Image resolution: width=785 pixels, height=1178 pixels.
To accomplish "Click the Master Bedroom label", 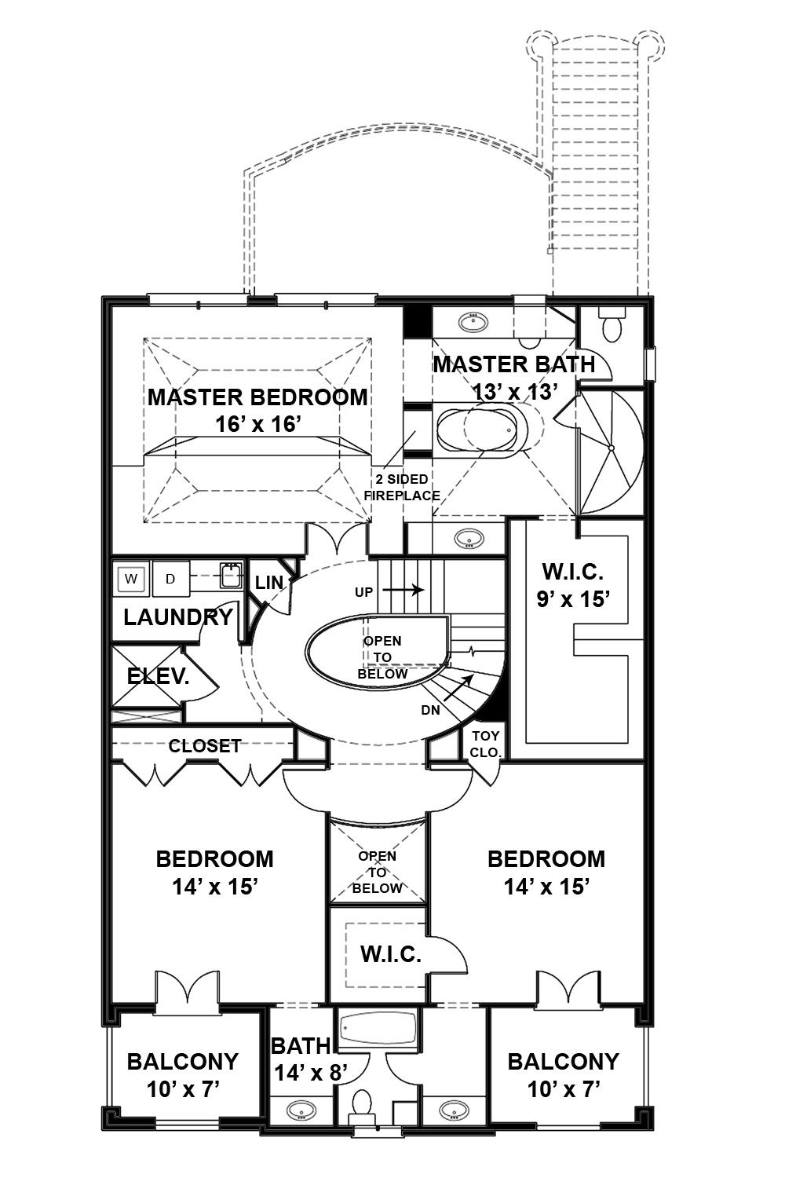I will (x=257, y=397).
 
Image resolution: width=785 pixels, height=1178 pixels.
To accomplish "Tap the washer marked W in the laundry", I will (x=131, y=580).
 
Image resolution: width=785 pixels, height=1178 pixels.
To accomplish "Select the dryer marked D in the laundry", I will (x=170, y=580).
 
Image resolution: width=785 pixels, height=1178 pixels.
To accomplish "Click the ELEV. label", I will (x=158, y=676).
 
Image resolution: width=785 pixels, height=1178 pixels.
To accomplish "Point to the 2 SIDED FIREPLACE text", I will (x=402, y=488).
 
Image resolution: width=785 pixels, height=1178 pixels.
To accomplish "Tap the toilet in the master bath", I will (x=610, y=326).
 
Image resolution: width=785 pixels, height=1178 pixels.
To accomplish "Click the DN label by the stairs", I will (x=430, y=710).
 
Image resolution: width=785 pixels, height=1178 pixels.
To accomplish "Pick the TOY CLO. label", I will (x=485, y=744).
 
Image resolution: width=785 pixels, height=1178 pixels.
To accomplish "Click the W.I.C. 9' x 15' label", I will (x=573, y=585).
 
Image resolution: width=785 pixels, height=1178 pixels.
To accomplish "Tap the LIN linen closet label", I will (x=268, y=583).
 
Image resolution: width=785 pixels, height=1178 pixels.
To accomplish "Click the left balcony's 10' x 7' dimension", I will (x=182, y=1089).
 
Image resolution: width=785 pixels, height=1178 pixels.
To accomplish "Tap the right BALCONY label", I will (x=563, y=1062).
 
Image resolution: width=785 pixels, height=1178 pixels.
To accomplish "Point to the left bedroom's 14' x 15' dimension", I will (x=215, y=887).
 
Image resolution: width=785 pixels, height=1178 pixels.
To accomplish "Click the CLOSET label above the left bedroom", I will (x=204, y=745).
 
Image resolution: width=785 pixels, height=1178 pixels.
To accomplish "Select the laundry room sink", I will (x=228, y=576).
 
